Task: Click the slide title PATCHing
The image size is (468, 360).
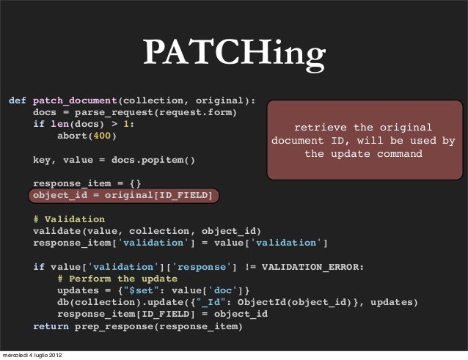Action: point(233,54)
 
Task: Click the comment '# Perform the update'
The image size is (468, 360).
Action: point(117,279)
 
